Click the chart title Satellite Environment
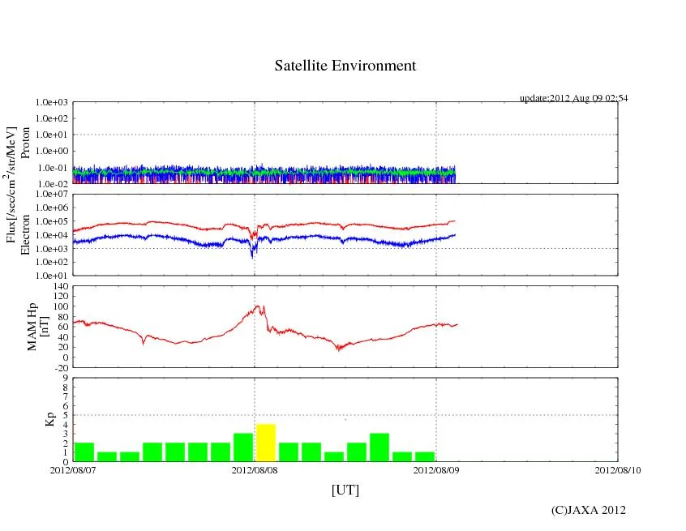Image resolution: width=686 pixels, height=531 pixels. (x=345, y=66)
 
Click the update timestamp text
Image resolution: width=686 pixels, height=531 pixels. (x=573, y=98)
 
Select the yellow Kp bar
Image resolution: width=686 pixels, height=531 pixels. (x=266, y=442)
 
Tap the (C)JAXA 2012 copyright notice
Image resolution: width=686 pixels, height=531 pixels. (x=589, y=510)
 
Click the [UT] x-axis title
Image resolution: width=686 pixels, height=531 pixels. (x=345, y=490)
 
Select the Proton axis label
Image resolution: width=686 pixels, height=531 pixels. (x=25, y=143)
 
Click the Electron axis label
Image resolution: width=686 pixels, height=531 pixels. (x=25, y=235)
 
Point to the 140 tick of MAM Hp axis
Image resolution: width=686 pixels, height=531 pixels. (x=58, y=286)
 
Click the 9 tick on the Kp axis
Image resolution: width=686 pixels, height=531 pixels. (x=63, y=378)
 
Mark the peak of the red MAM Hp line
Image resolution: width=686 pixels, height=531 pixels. (x=257, y=306)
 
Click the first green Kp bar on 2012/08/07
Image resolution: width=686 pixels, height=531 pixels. (x=84, y=452)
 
